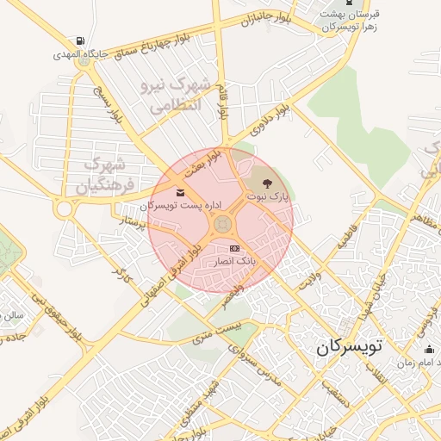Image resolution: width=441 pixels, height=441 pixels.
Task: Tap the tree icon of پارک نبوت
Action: (266, 183)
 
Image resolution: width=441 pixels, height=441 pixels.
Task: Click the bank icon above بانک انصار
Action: (233, 248)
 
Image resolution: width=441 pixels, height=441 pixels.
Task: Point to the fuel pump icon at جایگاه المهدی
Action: (80, 40)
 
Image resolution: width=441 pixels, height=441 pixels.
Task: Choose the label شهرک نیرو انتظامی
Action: (171, 96)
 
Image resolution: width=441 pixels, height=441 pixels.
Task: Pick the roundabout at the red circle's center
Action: (221, 227)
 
